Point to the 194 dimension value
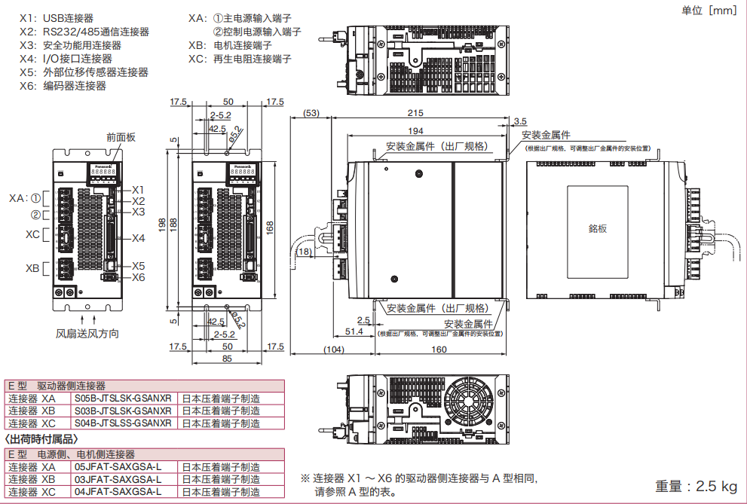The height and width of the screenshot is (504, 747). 436,131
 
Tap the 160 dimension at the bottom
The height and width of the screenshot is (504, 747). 438,350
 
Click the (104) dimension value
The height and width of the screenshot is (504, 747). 334,350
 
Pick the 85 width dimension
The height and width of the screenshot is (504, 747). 226,359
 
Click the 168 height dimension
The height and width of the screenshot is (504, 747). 271,226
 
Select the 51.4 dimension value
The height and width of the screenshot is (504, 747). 354,331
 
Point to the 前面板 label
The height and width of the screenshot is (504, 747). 121,137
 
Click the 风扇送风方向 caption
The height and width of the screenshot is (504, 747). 87,333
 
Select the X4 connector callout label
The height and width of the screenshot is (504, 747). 138,238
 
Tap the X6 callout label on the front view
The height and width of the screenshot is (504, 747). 138,277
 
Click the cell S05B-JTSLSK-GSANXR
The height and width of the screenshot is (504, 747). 124,399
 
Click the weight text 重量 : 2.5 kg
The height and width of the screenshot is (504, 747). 696,486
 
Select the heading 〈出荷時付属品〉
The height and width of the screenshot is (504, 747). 41,438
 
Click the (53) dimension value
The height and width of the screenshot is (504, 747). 310,113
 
